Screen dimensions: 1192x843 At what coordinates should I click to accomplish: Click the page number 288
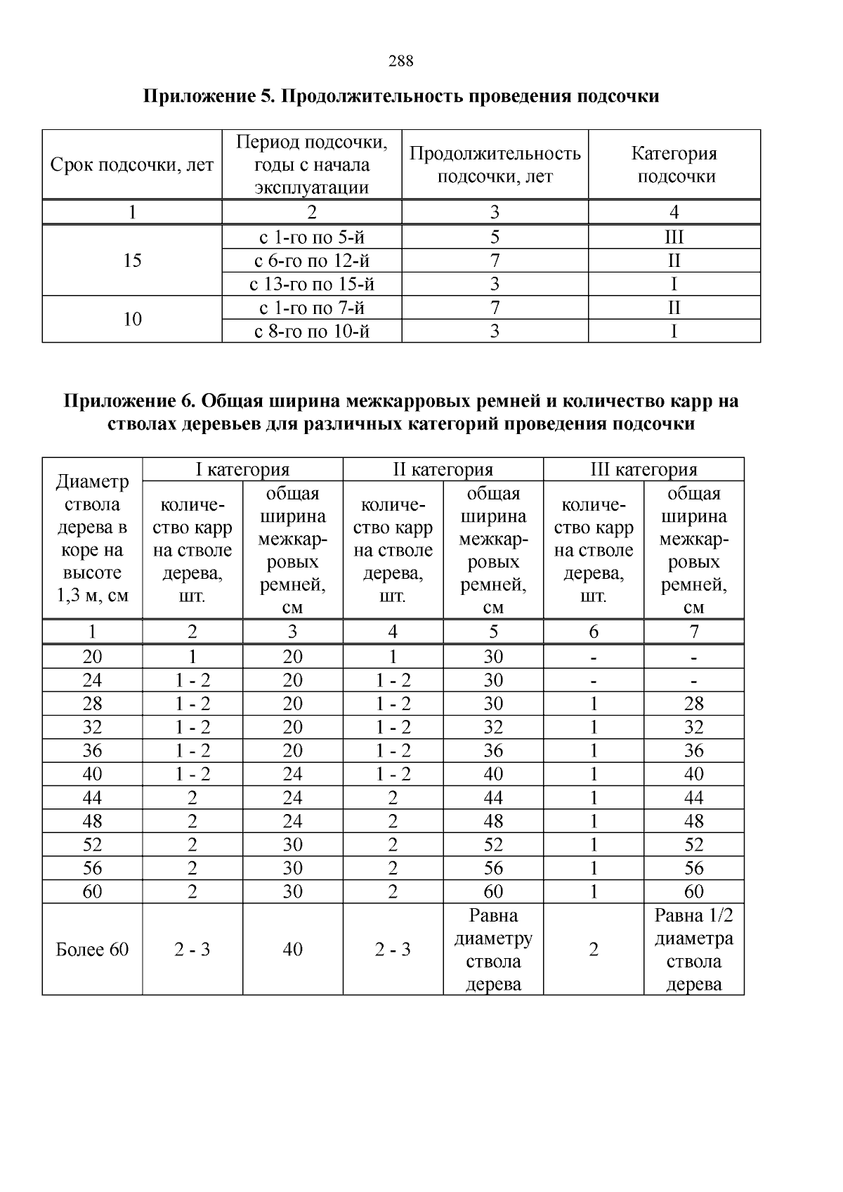(x=400, y=61)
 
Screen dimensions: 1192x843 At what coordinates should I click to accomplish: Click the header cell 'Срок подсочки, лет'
(x=132, y=165)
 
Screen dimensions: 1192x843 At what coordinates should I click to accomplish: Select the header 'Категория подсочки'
(x=674, y=165)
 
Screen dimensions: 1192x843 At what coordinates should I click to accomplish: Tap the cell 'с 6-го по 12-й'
(x=311, y=261)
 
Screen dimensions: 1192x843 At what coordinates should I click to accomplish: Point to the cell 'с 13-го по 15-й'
(x=311, y=284)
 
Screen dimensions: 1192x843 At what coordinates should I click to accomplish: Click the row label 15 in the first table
(x=132, y=261)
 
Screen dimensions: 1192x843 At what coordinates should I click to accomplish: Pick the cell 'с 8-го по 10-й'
(x=311, y=332)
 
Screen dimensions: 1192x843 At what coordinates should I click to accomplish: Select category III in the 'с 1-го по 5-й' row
(x=674, y=237)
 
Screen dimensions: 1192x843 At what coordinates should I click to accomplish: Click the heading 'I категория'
(x=242, y=470)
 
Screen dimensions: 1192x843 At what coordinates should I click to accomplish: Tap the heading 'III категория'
(x=643, y=470)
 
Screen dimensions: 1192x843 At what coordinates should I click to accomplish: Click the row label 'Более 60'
(x=92, y=950)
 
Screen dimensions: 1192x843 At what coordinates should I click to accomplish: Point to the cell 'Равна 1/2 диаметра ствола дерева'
(x=693, y=950)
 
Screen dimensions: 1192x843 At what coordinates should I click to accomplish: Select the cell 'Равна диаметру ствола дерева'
(x=493, y=950)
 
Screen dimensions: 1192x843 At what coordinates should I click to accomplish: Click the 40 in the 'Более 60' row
(x=292, y=950)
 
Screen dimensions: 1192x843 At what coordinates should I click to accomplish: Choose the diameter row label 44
(x=92, y=798)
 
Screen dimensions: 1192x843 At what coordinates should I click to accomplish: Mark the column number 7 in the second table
(x=693, y=632)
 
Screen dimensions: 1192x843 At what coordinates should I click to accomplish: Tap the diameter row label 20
(x=92, y=657)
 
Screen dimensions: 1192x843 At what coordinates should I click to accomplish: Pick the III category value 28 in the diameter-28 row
(x=693, y=704)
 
